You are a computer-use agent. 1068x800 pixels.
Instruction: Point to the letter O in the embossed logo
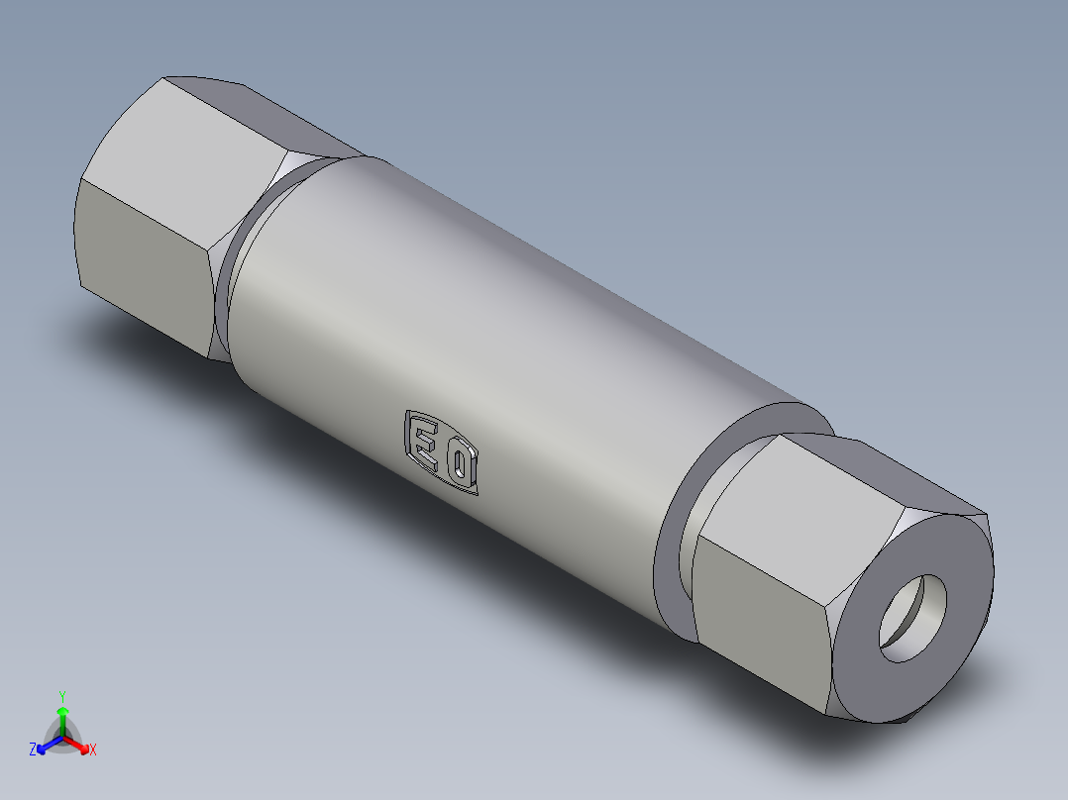tap(462, 464)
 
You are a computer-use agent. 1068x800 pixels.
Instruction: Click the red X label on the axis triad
tap(93, 750)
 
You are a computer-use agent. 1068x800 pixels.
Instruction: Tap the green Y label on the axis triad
tap(62, 695)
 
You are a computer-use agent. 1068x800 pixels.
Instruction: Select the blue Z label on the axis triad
tap(33, 750)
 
